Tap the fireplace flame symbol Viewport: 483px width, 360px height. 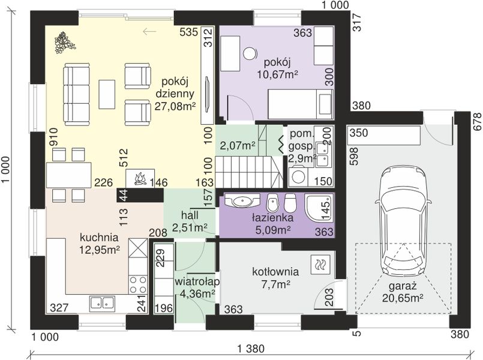(140, 179)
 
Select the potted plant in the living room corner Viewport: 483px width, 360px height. (64, 42)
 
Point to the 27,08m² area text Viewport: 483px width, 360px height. (176, 107)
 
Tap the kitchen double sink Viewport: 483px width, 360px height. (102, 302)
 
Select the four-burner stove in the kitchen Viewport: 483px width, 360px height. (137, 284)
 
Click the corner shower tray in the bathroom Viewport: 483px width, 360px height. (319, 207)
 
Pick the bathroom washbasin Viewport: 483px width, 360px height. (242, 201)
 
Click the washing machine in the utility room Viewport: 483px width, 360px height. (298, 176)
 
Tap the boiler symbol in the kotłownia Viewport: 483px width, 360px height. (320, 265)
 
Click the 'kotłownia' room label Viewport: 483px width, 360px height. (275, 272)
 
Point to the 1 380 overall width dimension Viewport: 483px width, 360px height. (251, 349)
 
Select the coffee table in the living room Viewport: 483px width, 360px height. (107, 94)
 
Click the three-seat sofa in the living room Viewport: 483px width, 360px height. (77, 94)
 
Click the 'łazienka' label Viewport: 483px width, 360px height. (272, 218)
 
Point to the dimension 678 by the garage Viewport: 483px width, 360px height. (477, 122)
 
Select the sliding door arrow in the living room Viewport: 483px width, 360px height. (150, 31)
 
